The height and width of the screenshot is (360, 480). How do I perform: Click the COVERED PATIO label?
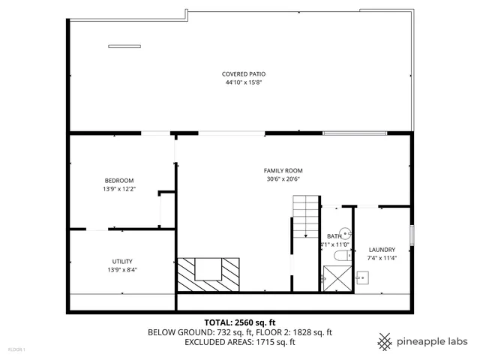click(x=244, y=73)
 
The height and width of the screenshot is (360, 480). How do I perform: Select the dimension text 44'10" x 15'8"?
click(x=244, y=82)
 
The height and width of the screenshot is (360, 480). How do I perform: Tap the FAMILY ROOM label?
click(x=283, y=170)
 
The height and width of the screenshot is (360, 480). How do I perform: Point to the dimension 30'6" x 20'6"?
click(x=283, y=179)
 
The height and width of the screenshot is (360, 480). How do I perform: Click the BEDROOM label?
click(x=118, y=180)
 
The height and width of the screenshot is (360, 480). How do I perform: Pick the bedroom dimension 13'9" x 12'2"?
click(x=118, y=189)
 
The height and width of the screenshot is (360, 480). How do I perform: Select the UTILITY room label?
click(x=122, y=261)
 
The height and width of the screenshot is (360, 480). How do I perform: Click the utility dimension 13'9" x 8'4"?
click(x=122, y=270)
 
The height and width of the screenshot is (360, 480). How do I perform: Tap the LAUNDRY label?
click(x=382, y=250)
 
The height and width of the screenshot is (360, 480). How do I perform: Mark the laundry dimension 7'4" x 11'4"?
click(x=382, y=259)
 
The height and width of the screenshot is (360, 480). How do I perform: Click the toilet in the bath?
click(x=339, y=256)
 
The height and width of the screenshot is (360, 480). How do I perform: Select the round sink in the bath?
click(x=345, y=234)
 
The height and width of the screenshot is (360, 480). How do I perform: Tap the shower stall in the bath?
click(x=337, y=278)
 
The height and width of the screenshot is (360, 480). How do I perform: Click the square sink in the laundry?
click(x=362, y=278)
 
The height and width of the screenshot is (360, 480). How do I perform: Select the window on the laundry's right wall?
click(x=412, y=234)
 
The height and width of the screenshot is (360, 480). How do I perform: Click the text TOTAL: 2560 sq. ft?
click(x=240, y=322)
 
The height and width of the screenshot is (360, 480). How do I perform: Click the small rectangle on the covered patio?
click(x=124, y=44)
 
